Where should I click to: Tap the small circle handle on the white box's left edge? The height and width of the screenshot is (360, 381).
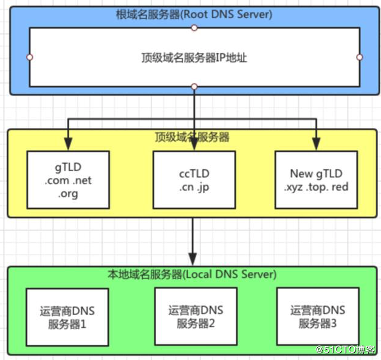pos(29,58)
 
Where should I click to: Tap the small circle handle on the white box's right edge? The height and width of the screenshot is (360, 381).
pos(360,58)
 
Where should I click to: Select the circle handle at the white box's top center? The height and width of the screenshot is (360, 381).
pos(194,28)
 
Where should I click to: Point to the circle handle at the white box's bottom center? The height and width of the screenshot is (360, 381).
pos(194,87)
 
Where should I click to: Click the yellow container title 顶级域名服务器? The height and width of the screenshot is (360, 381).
pos(193,137)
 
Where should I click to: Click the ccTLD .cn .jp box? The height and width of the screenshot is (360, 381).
pos(194,180)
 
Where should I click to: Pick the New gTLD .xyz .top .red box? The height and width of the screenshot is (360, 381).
pos(316,180)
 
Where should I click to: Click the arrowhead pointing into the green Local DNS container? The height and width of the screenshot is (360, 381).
pos(194,259)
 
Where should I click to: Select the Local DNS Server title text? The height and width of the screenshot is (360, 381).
pos(193,274)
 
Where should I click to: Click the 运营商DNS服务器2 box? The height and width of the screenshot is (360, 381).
pos(194,316)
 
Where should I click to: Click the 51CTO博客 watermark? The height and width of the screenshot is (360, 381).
pos(345,350)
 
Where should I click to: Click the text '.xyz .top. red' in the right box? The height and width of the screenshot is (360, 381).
pos(316,187)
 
